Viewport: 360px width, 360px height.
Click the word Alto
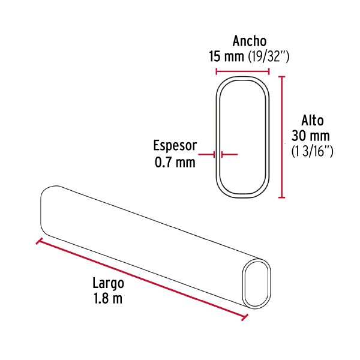312,120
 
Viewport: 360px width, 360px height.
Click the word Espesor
175,146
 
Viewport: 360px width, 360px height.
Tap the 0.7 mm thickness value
175,161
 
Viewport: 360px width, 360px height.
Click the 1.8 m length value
108,299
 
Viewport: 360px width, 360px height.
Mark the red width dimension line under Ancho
242,71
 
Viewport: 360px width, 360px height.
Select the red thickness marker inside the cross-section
230,154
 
